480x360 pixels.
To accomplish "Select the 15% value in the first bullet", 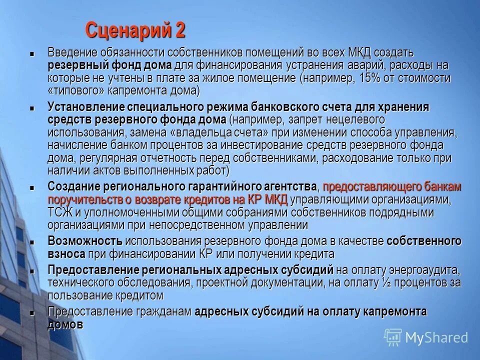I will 358,79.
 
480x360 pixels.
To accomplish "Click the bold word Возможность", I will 85,241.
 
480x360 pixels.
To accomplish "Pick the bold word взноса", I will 66,254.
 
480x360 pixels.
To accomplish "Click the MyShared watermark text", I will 436,337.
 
